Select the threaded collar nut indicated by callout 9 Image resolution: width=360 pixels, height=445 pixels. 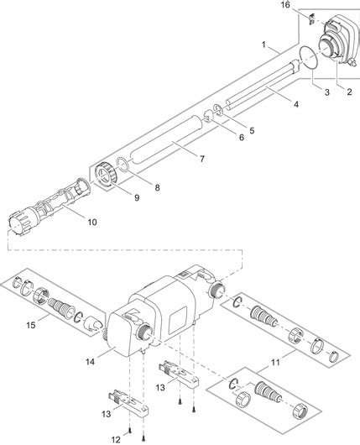click(x=107, y=176)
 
